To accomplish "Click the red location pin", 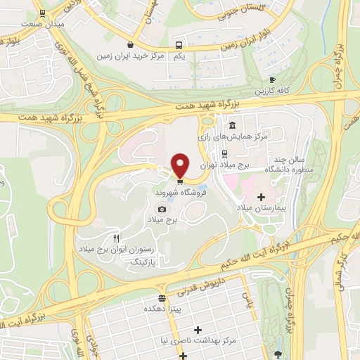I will (x=180, y=165).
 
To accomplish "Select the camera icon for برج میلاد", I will (x=162, y=209).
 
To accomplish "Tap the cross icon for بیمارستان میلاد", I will (x=262, y=179).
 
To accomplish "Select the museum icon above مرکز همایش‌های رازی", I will (x=232, y=124).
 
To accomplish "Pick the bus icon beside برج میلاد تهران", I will (x=224, y=154).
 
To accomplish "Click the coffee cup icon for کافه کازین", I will (x=272, y=80).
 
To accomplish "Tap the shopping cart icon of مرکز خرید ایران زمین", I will (x=130, y=44).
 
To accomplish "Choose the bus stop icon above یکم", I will (x=178, y=44).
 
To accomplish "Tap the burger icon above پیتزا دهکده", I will (x=162, y=297).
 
